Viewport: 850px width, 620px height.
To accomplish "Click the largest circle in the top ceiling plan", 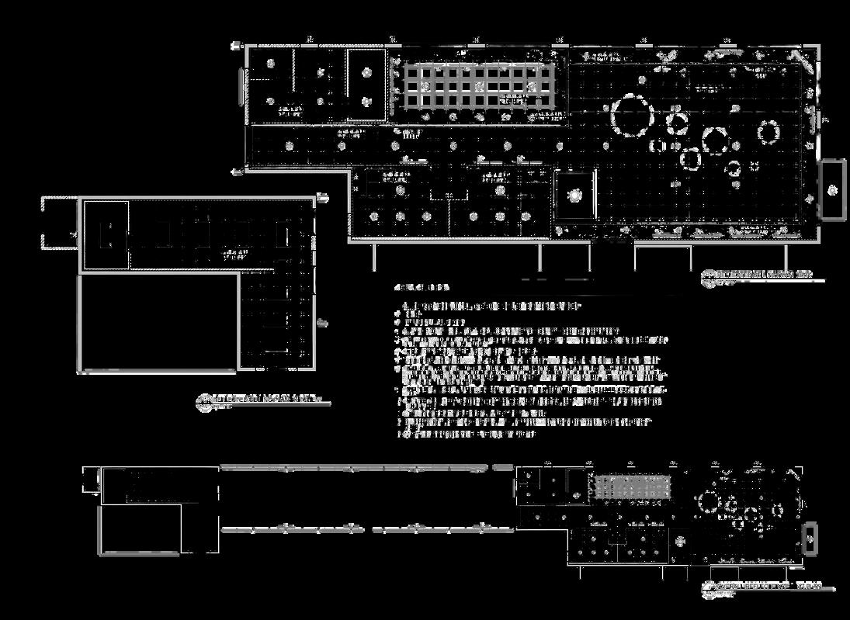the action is [x=633, y=115].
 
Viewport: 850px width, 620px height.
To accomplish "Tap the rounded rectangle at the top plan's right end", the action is [x=832, y=190].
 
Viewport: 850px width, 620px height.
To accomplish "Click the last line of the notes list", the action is [x=466, y=435].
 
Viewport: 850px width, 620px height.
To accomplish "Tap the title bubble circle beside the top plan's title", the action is [x=708, y=275].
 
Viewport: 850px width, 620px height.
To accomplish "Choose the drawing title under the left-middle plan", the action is [x=264, y=400].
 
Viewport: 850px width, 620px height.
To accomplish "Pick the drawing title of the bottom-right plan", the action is [x=768, y=587].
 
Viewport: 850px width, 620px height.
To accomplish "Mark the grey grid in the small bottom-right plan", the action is [x=633, y=488].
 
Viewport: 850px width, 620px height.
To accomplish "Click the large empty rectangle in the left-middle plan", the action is [x=158, y=321].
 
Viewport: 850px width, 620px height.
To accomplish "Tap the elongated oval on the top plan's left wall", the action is [x=241, y=85].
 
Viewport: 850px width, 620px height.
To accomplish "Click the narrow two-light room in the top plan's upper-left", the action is [x=366, y=85].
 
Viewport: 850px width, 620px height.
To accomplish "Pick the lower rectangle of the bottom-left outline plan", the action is [x=141, y=529].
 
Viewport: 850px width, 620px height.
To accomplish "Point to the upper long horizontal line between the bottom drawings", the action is [x=354, y=468].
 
